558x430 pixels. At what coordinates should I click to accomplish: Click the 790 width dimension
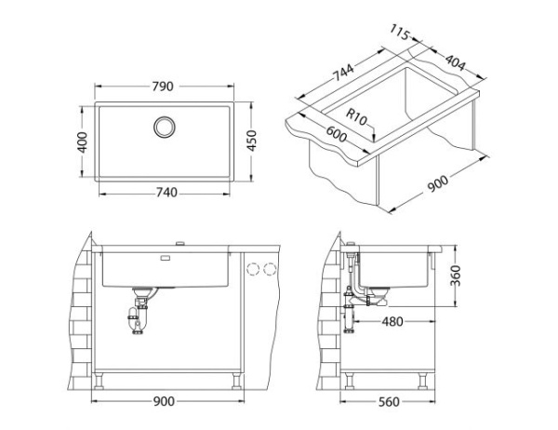point(164,87)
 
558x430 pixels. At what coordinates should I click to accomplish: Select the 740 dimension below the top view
point(164,193)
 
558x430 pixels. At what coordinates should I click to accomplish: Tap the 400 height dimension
point(82,142)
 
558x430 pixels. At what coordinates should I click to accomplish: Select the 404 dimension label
point(456,61)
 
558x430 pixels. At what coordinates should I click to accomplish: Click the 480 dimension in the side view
point(391,322)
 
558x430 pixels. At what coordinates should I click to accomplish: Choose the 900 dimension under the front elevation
point(164,402)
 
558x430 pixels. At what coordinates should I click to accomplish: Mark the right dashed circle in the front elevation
point(271,269)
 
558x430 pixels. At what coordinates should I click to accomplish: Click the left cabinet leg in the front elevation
point(100,381)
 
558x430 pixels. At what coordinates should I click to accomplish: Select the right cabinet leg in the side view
point(426,381)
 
